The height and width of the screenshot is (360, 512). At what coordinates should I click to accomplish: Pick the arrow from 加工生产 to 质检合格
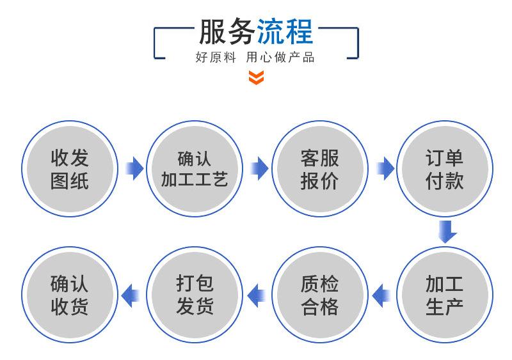[x=382, y=295]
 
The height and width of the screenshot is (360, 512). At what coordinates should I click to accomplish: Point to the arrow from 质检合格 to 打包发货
[x=257, y=295]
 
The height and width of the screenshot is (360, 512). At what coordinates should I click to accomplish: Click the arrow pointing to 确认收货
[x=131, y=295]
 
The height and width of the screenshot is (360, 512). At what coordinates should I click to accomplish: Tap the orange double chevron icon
[x=256, y=78]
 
